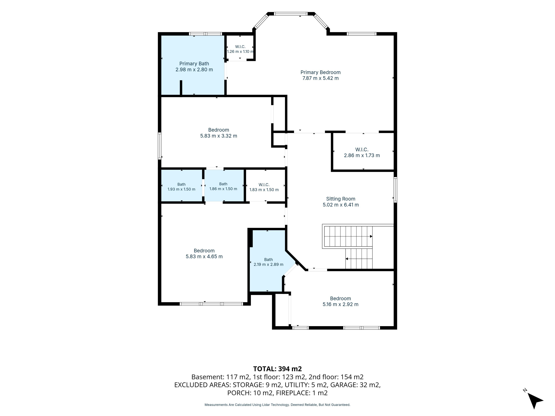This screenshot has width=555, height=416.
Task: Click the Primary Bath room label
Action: point(194,64)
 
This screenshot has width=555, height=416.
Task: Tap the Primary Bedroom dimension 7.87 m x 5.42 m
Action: point(320,78)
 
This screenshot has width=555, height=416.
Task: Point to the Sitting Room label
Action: point(341,199)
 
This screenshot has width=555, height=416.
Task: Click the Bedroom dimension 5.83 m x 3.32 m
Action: point(219,136)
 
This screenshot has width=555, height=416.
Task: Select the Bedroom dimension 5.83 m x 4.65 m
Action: point(204,257)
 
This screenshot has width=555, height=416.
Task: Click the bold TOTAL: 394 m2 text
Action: point(277,369)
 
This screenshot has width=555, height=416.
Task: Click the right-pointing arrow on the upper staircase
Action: point(371,236)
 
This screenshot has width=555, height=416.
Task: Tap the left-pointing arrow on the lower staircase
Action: point(347,259)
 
